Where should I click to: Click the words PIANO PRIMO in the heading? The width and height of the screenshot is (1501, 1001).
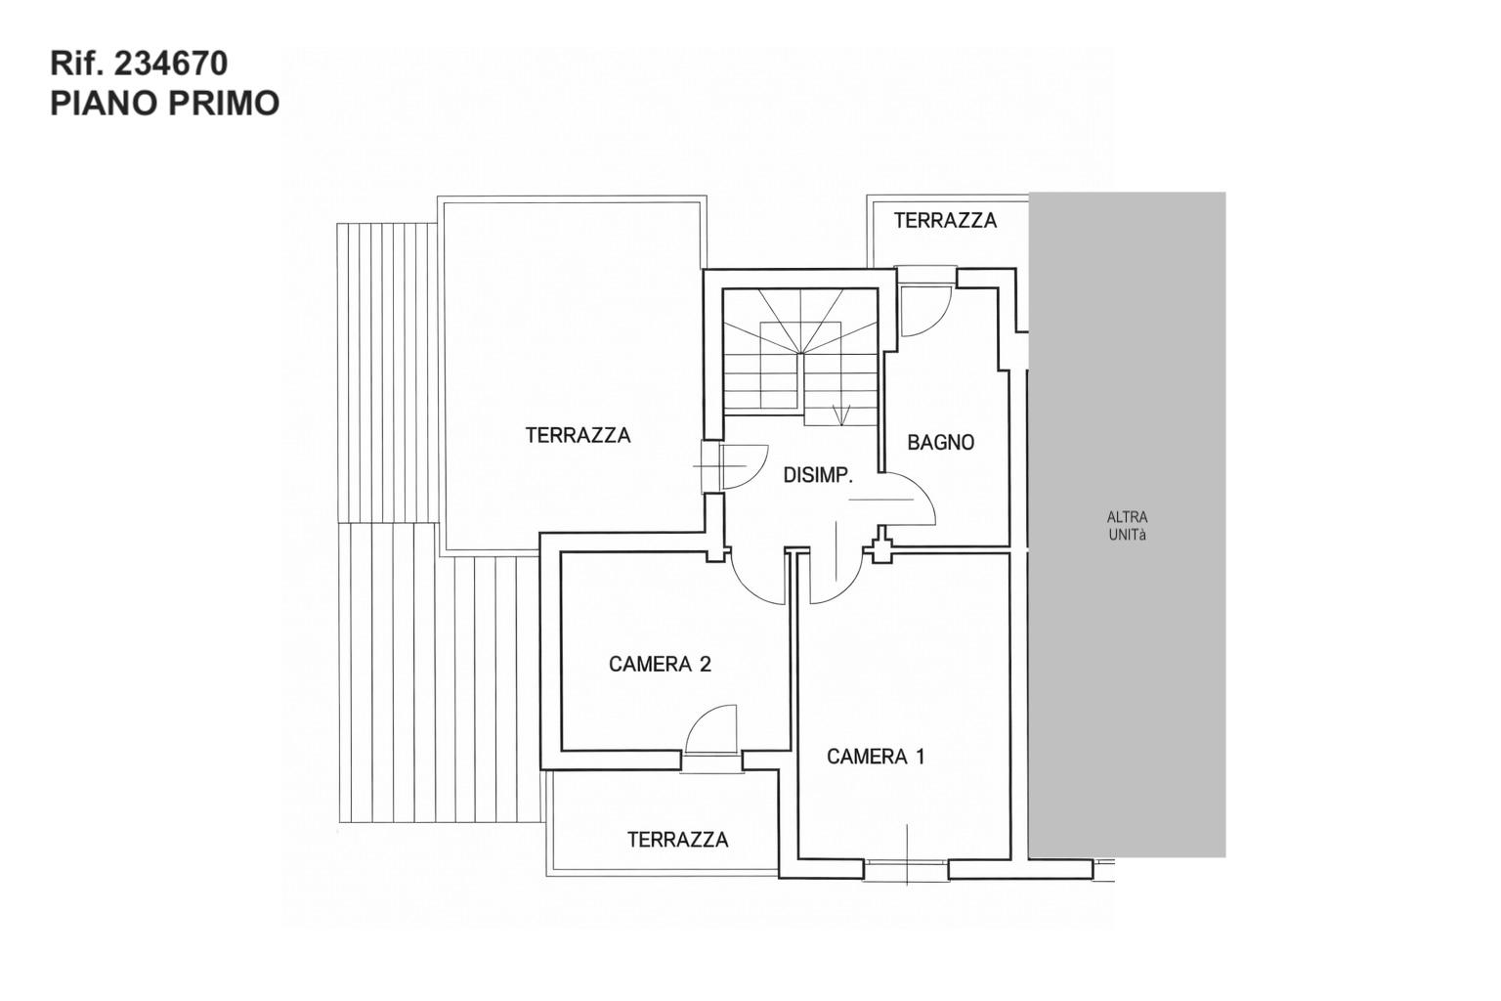point(165,104)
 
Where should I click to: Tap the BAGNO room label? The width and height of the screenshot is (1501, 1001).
point(940,443)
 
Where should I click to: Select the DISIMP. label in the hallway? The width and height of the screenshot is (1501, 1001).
point(818,475)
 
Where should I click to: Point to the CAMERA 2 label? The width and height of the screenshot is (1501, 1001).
point(660,665)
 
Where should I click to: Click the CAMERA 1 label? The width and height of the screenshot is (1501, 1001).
point(876,757)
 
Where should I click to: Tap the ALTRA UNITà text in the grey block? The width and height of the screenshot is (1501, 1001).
point(1127,526)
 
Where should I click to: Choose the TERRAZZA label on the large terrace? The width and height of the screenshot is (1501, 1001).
point(578,436)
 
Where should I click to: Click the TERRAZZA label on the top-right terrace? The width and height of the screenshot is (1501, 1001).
point(945,221)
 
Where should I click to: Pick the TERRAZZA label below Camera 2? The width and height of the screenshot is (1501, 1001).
point(677,840)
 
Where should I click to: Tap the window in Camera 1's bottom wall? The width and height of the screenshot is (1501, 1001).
point(907,870)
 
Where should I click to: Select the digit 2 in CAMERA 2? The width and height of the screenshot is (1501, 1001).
point(705,665)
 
